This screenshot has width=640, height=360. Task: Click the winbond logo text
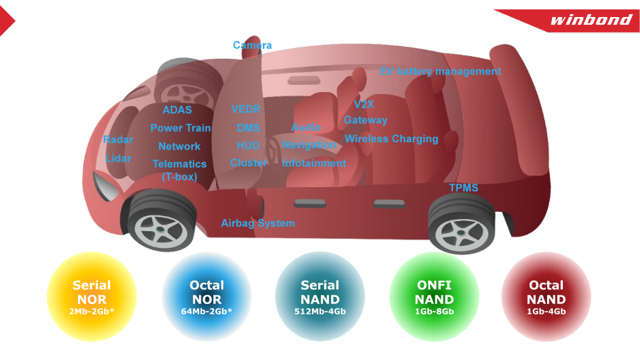click(591, 20)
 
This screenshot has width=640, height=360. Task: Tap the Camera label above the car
click(252, 45)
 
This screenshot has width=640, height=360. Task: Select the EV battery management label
click(440, 72)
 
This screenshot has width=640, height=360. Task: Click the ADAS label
click(177, 110)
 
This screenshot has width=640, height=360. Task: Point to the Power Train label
click(181, 128)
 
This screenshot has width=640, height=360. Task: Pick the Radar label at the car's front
click(118, 140)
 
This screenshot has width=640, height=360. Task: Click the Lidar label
click(118, 158)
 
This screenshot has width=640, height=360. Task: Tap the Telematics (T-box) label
click(179, 170)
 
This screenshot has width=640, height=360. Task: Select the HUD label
click(248, 145)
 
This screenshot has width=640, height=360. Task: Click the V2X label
click(364, 104)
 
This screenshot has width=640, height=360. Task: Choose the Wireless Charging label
click(391, 139)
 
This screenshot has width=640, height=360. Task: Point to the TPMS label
click(464, 188)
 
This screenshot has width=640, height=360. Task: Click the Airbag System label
click(258, 223)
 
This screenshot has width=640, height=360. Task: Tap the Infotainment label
click(314, 163)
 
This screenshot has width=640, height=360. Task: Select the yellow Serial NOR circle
click(91, 297)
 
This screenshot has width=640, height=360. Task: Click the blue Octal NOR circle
click(207, 297)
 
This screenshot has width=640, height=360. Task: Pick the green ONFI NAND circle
click(434, 297)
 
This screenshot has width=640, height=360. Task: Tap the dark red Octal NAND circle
click(546, 297)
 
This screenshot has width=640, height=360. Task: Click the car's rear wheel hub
click(461, 233)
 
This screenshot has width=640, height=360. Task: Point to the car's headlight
click(105, 186)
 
